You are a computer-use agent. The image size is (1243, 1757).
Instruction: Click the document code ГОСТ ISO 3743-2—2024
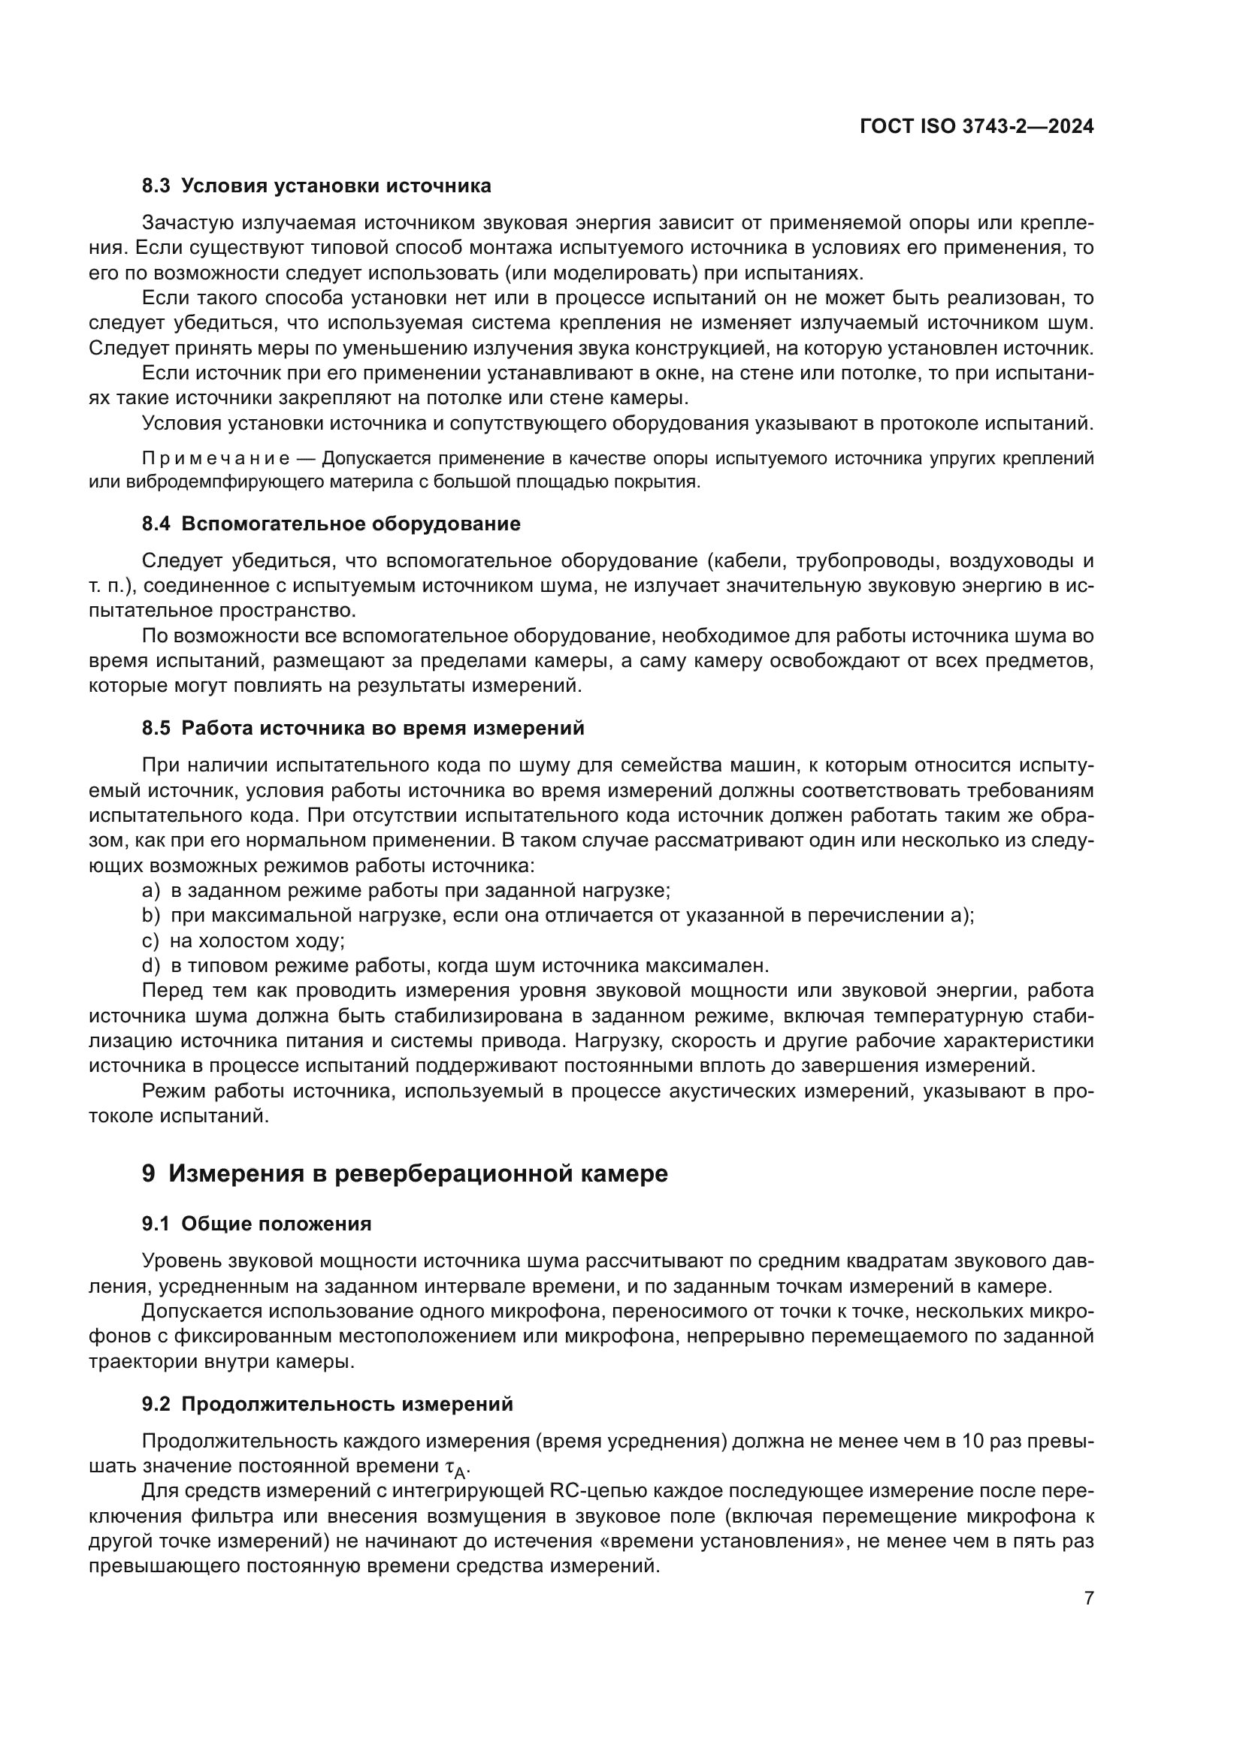click(977, 126)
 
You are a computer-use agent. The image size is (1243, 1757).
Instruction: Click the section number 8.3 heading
click(156, 186)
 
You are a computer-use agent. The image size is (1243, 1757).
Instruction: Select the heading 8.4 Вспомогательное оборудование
click(331, 524)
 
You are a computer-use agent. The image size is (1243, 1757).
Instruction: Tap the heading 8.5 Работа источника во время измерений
click(363, 728)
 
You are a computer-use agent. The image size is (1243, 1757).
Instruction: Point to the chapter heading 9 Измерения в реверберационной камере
click(405, 1173)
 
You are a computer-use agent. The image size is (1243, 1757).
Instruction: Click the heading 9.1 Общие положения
click(256, 1224)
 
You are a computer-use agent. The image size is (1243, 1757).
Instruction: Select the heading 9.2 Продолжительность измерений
click(327, 1404)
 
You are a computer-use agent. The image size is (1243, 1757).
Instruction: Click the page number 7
click(1089, 1599)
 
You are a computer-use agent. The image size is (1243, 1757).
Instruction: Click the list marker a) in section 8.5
click(151, 891)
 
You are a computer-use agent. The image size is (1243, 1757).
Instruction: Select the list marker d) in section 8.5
click(151, 966)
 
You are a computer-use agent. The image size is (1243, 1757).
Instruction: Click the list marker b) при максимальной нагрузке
click(151, 916)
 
